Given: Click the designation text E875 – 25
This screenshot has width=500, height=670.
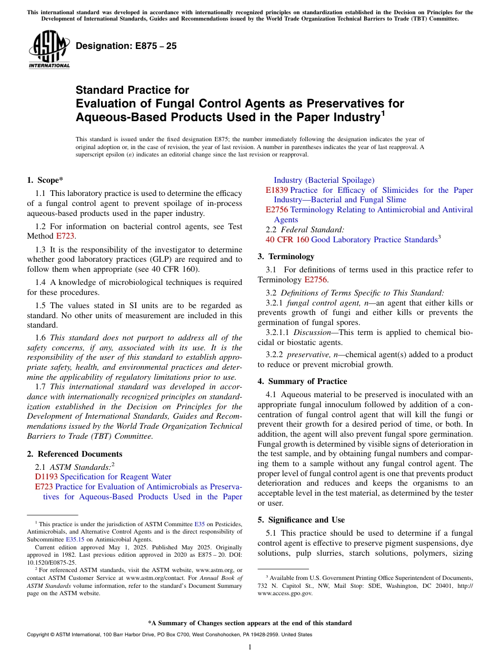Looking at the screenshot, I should pos(126,46).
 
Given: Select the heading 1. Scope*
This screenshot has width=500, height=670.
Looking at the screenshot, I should pos(45,180).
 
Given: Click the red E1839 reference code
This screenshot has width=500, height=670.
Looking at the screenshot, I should pos(276,190).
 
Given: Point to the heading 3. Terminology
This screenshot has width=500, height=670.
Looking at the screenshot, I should pos(286,257).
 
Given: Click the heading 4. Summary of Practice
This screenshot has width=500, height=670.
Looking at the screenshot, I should pos(302,381).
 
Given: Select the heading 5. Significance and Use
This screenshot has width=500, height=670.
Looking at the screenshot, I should pos(301,520).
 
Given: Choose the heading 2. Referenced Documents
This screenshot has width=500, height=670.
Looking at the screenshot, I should pos(75,454).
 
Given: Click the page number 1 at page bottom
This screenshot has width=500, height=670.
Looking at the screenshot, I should pos(250,647).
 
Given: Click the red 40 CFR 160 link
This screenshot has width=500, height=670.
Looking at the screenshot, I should pos(287,240).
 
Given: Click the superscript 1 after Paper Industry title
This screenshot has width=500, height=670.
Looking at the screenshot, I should pos(383,113).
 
